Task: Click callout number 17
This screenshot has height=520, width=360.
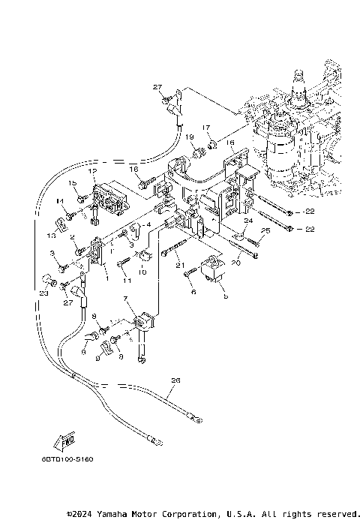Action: tap(206, 128)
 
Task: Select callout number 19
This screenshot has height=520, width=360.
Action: tap(190, 137)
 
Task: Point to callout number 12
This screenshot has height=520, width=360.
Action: tap(93, 172)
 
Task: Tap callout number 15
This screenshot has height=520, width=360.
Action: tap(73, 183)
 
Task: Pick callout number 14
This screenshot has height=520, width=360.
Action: tap(60, 202)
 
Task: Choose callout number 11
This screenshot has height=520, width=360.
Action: tap(127, 281)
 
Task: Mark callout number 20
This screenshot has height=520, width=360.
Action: tap(235, 263)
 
